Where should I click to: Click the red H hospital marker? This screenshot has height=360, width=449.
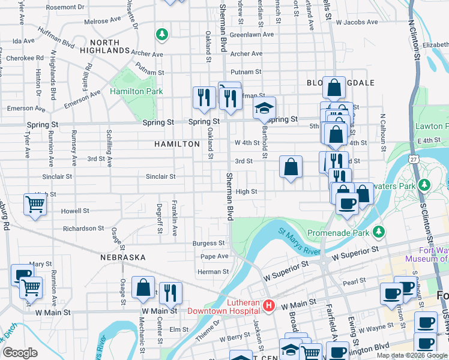coord(269,306)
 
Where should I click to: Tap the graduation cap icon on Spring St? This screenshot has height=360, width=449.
coord(264,109)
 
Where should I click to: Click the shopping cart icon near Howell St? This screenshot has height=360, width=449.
coord(35,204)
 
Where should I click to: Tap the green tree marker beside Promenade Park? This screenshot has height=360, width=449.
coord(378,232)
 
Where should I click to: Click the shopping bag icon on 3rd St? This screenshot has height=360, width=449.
coord(291,167)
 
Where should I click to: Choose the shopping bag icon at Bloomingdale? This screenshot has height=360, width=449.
coord(333,88)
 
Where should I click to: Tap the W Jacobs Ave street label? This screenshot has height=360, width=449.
coord(357,22)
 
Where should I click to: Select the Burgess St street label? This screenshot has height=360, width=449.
coord(208,244)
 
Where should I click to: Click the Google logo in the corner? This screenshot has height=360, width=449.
coord(20,352)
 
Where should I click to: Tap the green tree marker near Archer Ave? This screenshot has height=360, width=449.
coord(161,35)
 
